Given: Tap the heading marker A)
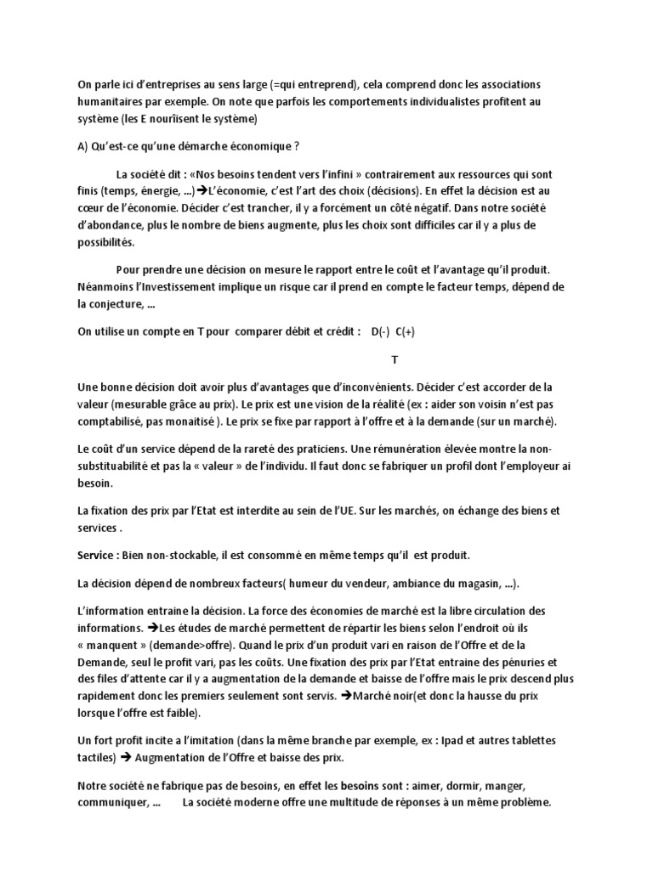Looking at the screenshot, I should (x=83, y=146).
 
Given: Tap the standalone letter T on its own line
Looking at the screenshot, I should (x=395, y=360).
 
